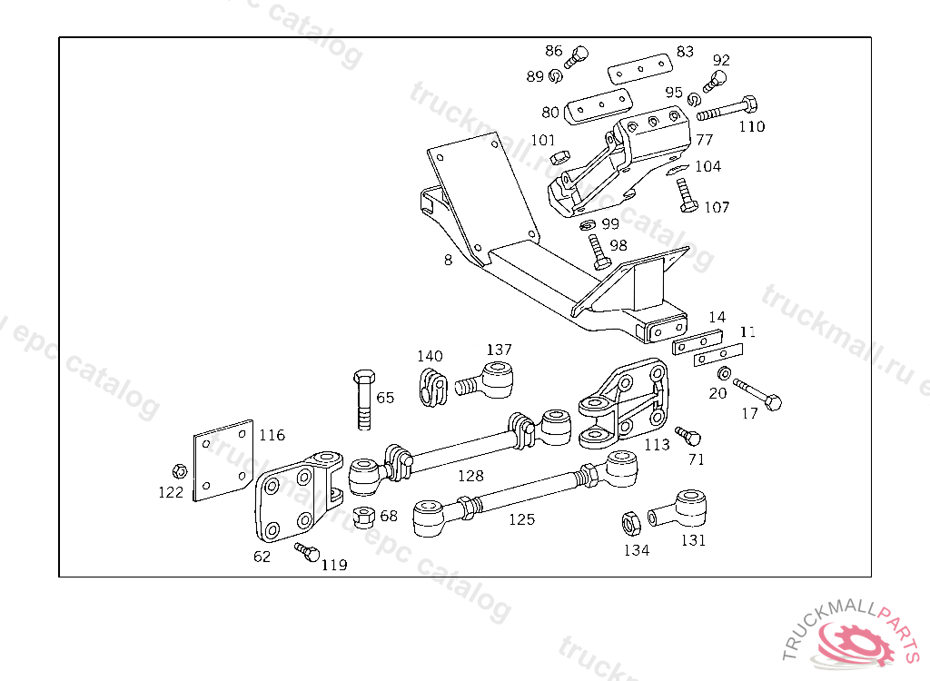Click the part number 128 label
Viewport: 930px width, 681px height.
click(x=470, y=475)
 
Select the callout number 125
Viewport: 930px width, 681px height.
click(x=521, y=519)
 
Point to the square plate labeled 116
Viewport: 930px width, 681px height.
click(x=223, y=459)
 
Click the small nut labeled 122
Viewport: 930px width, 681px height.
click(x=179, y=471)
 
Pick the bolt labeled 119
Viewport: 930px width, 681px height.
click(x=308, y=551)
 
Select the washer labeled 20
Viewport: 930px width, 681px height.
click(x=725, y=374)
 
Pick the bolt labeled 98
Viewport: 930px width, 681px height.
click(x=598, y=251)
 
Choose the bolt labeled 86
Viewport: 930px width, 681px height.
click(x=576, y=58)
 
